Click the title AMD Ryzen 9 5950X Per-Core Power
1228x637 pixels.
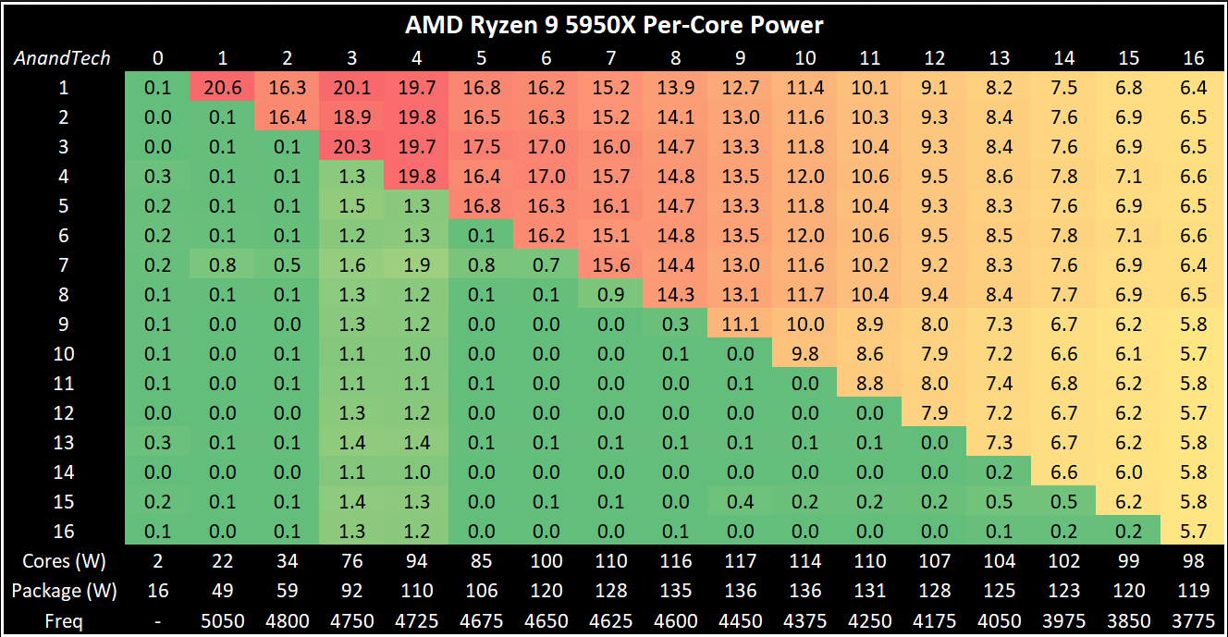click(614, 25)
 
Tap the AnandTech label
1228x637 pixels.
click(62, 58)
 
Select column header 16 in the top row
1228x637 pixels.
click(1194, 58)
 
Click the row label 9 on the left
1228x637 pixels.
click(64, 324)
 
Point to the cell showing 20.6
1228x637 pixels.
click(222, 87)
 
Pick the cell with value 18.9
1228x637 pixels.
click(352, 116)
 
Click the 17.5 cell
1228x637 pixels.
click(482, 146)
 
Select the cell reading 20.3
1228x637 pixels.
click(352, 146)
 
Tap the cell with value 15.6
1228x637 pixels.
click(610, 264)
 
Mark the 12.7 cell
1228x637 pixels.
click(740, 87)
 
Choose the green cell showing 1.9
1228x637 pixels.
click(417, 264)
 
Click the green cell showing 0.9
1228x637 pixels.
click(610, 294)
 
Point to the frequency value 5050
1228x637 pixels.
click(222, 620)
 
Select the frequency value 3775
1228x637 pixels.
click(1194, 620)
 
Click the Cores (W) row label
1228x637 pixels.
click(64, 561)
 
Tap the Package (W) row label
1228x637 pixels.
click(64, 591)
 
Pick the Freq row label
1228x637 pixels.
click(64, 621)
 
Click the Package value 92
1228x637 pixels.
click(352, 591)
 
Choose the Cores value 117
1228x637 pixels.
click(740, 561)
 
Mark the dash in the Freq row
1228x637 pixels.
click(157, 621)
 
